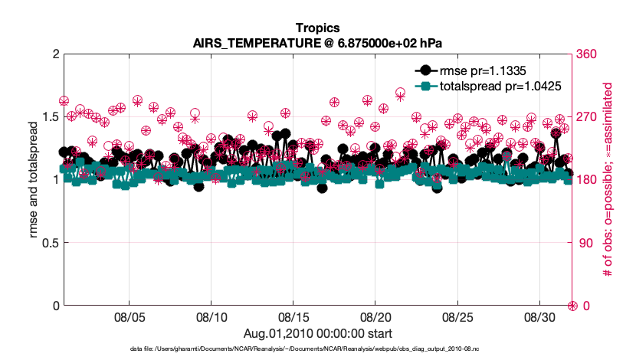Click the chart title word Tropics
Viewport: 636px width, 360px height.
[x=317, y=28]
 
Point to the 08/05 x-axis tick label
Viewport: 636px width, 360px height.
[x=129, y=316]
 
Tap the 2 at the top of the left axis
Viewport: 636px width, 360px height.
[x=55, y=54]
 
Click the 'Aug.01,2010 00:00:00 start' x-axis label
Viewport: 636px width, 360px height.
[x=317, y=333]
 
